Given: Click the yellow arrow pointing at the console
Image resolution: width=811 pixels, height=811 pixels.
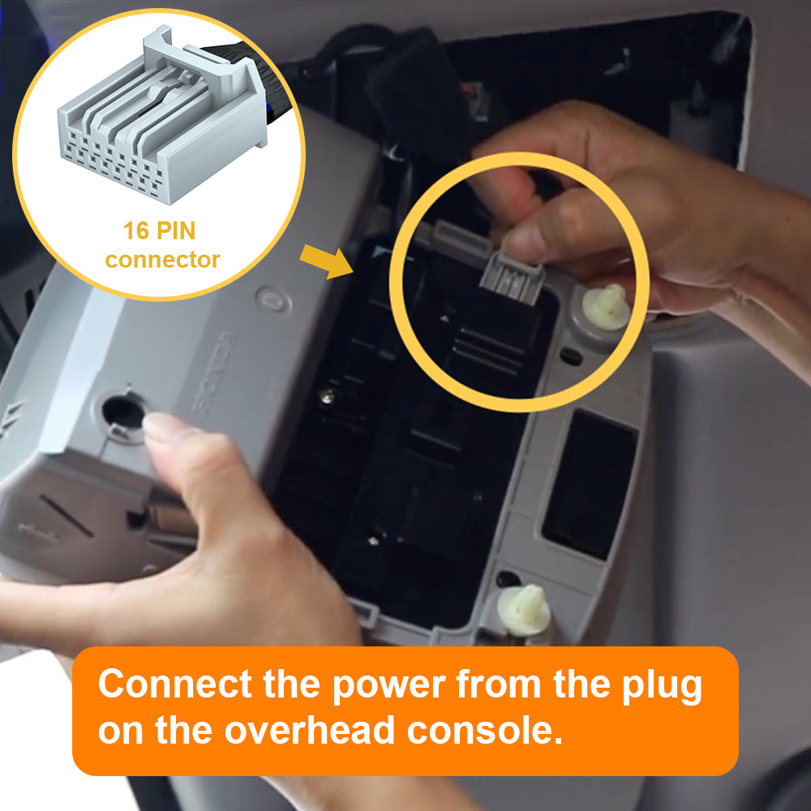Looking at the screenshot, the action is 326,261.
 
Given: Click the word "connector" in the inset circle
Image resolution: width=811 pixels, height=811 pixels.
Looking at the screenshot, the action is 162,260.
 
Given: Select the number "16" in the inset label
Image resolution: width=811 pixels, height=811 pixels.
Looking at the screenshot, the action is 136,230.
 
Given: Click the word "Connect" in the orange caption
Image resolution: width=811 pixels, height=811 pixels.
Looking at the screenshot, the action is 175,684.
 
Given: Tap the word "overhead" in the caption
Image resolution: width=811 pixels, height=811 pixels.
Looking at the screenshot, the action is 309,730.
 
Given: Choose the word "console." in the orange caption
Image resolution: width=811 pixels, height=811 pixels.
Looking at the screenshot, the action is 485,730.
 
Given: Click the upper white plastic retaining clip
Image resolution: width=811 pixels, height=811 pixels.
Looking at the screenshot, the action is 606,307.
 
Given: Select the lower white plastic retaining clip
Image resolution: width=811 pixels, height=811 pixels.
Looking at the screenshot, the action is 523,611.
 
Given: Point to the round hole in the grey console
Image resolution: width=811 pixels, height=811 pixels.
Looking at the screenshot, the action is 122,412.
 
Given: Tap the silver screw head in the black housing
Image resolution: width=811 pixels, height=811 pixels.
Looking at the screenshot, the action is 326,397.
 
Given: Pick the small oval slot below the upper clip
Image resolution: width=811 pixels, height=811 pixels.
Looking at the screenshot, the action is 571,356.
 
